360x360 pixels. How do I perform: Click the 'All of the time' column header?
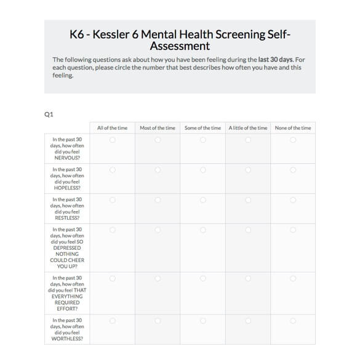112,128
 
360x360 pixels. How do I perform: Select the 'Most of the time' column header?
158,128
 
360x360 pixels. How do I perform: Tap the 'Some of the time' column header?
202,128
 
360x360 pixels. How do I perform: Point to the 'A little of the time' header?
248,128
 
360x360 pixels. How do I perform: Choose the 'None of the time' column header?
293,128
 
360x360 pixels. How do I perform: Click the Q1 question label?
49,113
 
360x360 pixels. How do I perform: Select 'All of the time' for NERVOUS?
112,140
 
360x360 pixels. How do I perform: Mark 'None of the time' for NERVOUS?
293,140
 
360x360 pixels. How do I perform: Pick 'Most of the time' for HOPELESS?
158,170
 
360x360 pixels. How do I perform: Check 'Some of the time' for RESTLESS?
202,200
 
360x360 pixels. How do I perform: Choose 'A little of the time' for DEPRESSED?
248,230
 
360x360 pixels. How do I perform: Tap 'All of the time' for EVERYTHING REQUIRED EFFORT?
112,278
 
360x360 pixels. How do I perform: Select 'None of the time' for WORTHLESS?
293,321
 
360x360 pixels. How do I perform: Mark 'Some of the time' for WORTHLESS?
202,321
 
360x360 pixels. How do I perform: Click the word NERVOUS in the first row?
67,158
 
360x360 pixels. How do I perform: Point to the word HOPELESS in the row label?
67,188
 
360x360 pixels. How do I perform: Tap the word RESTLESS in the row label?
67,218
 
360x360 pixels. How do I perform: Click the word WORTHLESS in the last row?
67,338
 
